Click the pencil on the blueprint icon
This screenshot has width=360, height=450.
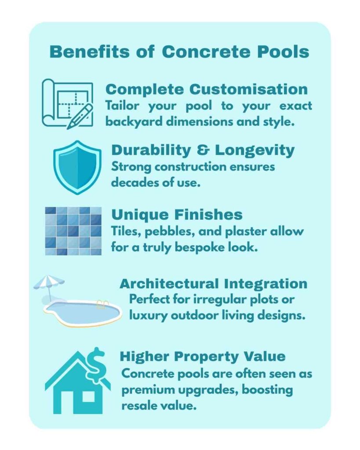pos(80,116)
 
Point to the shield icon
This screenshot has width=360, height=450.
pos(77,167)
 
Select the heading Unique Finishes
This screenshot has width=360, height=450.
pos(177,214)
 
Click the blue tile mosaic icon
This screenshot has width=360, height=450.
pos(73,231)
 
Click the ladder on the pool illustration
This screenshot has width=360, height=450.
pos(102,304)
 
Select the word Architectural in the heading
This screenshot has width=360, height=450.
pos(169,284)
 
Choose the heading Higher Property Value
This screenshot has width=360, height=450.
pos(203,357)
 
